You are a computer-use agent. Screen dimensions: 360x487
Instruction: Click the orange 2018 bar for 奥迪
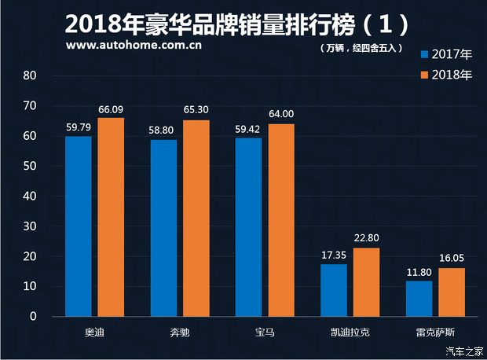[111, 217]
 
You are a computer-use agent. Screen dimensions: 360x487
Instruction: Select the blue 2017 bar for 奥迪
[79, 226]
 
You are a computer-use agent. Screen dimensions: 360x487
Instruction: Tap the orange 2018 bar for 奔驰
[196, 218]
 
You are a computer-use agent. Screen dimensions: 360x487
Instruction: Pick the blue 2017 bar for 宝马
[248, 227]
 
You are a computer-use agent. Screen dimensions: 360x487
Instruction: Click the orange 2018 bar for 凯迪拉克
[366, 282]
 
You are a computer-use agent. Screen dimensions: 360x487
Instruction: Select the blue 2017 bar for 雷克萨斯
[419, 299]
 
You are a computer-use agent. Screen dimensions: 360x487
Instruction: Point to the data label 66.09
[112, 110]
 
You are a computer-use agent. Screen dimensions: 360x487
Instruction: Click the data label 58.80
[164, 132]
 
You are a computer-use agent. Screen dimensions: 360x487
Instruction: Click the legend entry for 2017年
[446, 55]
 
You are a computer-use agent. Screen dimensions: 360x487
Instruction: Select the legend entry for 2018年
[446, 75]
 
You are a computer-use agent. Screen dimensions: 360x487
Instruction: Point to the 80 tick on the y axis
[31, 76]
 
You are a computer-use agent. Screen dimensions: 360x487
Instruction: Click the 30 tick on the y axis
[31, 226]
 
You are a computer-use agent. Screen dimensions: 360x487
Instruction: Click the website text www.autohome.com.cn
[134, 45]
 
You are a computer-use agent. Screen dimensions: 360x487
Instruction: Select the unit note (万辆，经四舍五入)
[361, 48]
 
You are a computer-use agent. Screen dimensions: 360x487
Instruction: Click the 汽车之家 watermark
[463, 351]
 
